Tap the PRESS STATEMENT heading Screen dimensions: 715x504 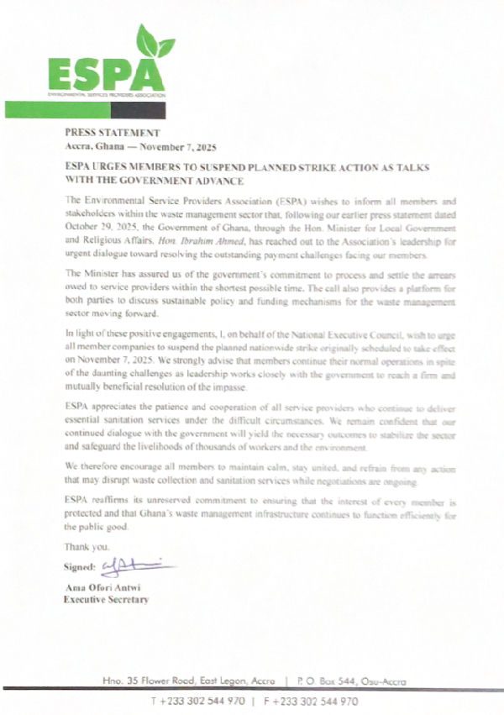[111, 133]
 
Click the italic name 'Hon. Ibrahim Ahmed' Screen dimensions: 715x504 [192, 241]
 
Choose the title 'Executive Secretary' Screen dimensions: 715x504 [107, 599]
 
